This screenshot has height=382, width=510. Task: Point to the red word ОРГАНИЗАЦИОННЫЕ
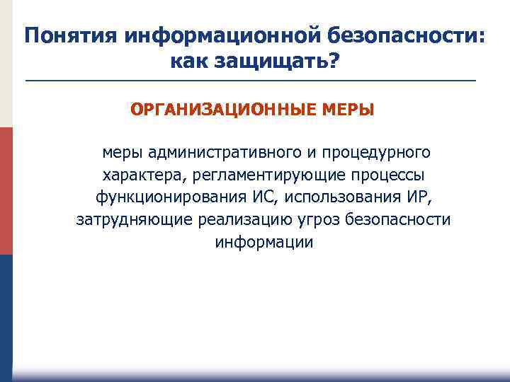(204, 110)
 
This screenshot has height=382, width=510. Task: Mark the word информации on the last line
(263, 242)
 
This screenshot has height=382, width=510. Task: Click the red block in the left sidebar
(6, 191)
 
